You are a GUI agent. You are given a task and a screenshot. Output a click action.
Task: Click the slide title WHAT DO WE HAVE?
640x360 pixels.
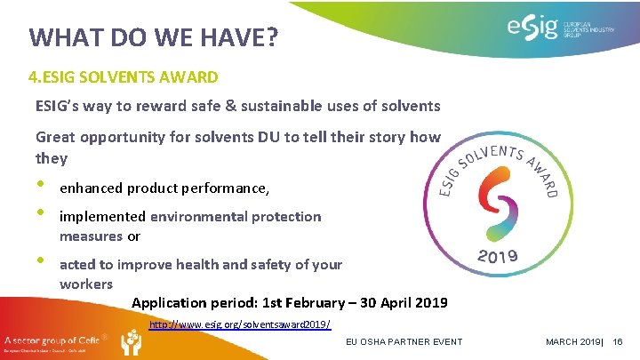tap(153, 37)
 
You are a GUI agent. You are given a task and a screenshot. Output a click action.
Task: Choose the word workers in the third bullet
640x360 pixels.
tap(86, 284)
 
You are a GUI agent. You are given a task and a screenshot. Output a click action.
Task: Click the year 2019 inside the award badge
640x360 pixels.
tap(498, 258)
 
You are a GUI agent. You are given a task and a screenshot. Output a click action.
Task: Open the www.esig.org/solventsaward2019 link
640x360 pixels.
tap(240, 325)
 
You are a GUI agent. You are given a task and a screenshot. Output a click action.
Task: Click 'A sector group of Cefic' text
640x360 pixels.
tap(51, 340)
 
